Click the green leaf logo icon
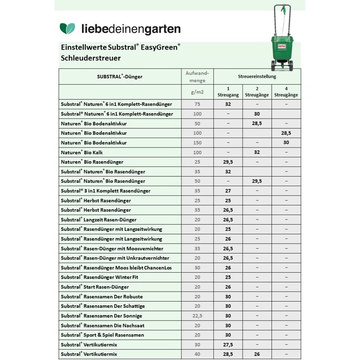68,29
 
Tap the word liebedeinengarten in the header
130,29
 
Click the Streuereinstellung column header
257,77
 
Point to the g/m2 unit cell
196,92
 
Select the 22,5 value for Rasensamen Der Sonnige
197,315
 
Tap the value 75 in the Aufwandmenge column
197,104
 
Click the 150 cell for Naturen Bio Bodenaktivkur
197,143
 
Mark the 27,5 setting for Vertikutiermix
228,345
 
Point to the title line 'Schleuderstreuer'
90,58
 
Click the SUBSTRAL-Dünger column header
120,77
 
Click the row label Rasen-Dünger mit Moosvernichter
112,248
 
